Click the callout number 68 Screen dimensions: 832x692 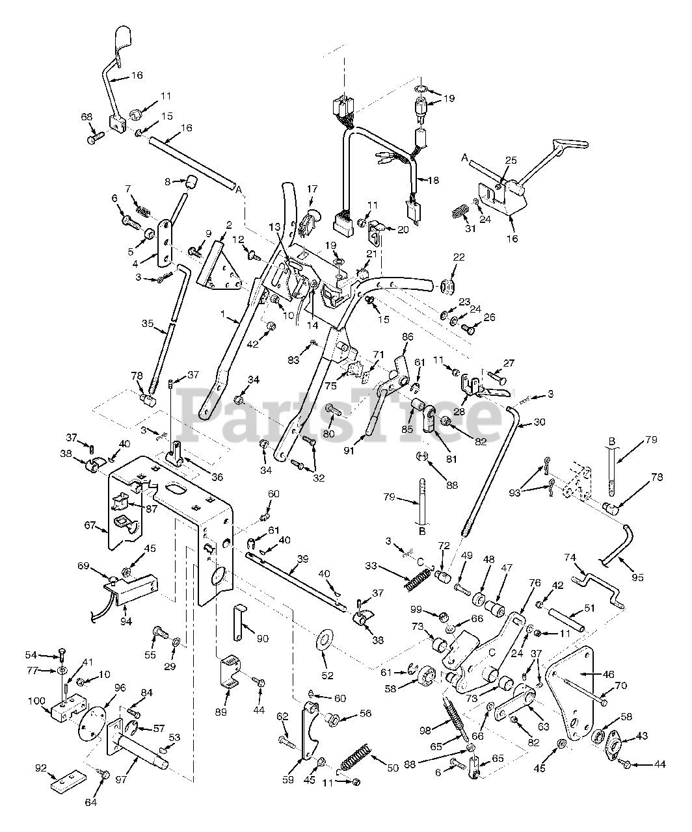coord(86,117)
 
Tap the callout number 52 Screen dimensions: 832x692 coord(327,676)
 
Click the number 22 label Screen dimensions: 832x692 coord(459,257)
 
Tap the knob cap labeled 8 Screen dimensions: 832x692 coord(191,182)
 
